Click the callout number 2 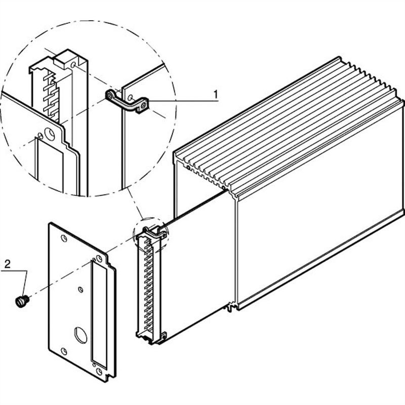pos(8,264)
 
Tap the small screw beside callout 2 pos(21,302)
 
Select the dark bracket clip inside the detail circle pos(127,100)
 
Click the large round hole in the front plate pos(80,335)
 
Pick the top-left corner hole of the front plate pos(63,237)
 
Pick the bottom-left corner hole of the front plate pos(64,350)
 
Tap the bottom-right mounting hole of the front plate pos(99,372)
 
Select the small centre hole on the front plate pos(80,290)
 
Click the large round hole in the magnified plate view pos(49,134)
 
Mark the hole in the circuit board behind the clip pos(130,97)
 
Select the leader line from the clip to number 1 pos(182,101)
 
